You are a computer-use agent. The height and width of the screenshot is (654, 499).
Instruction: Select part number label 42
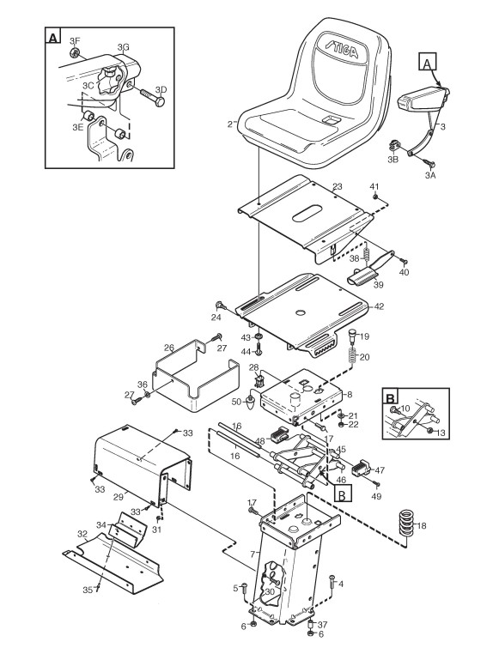[x=379, y=306]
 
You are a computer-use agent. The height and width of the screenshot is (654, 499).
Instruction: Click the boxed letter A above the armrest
[x=427, y=64]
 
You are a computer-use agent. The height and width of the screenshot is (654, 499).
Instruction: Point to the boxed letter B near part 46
[x=342, y=494]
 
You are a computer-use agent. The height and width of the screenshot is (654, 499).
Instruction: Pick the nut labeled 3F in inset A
[x=75, y=52]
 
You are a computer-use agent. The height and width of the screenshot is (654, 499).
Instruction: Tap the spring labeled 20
[x=353, y=355]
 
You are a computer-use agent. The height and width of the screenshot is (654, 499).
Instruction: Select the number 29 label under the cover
[x=119, y=497]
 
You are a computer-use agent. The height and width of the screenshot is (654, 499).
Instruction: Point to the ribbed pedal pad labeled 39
[x=362, y=276]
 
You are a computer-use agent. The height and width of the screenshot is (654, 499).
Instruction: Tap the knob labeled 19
[x=352, y=336]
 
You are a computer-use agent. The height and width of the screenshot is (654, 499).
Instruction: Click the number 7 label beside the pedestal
[x=252, y=554]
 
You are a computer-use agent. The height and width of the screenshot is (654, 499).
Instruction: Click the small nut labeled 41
[x=375, y=196]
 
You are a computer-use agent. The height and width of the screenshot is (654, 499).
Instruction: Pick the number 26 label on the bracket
[x=169, y=348]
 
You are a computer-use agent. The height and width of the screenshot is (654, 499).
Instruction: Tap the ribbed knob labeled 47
[x=362, y=469]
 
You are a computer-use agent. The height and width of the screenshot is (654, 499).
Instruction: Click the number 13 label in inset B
[x=441, y=433]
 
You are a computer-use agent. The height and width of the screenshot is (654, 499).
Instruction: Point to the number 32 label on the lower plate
[x=82, y=534]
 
